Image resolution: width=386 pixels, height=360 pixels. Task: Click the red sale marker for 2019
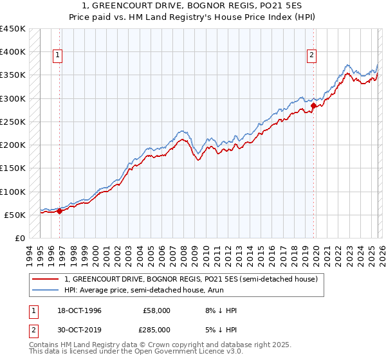[x=313, y=105]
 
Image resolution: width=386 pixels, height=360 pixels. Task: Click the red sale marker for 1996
[x=60, y=210]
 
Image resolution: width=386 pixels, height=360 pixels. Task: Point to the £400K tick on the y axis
[x=13, y=52]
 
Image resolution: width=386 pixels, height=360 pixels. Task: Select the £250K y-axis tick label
[x=13, y=122]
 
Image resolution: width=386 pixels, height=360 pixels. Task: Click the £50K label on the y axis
[x=15, y=215]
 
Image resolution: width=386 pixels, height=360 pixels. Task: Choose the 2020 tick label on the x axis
[x=316, y=255]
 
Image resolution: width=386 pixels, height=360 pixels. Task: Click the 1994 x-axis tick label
[x=30, y=255]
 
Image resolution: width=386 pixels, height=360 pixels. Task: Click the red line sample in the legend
[x=45, y=280]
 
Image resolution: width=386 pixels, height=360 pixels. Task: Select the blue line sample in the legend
[x=45, y=290]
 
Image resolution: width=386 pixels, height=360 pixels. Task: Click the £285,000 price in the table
[x=155, y=329]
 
